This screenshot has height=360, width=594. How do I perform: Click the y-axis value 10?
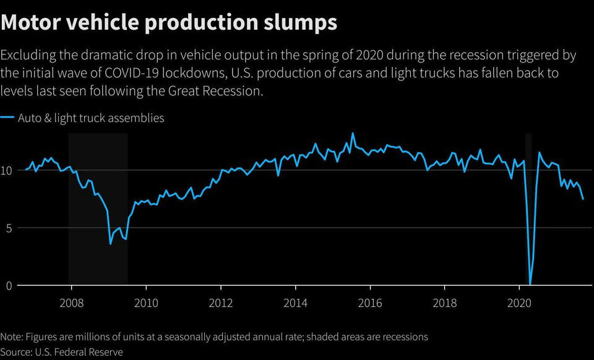tap(7, 170)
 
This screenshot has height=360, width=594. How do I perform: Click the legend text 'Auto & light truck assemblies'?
tap(91, 118)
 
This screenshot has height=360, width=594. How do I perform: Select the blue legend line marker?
tap(7, 118)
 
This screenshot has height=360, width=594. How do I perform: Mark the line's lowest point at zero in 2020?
tap(530, 284)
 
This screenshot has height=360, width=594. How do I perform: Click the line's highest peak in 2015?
tap(353, 133)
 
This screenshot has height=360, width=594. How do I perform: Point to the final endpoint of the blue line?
tap(583, 199)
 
